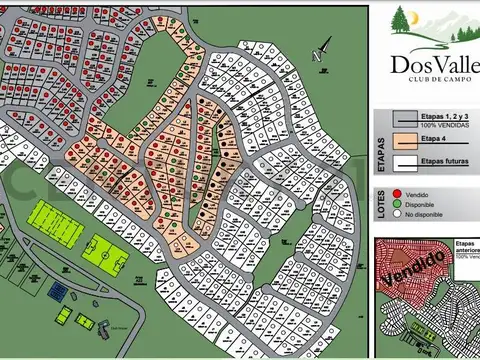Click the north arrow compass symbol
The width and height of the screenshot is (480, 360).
(x=323, y=50)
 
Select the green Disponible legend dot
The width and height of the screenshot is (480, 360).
(x=398, y=203)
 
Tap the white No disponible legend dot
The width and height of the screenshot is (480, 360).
(x=398, y=214)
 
